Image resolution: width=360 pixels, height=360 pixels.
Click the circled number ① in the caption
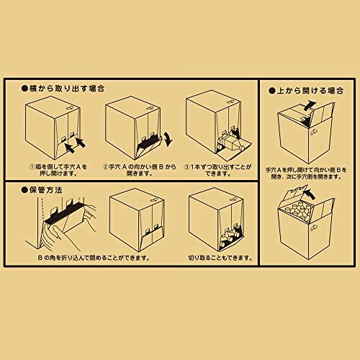coord(32,167)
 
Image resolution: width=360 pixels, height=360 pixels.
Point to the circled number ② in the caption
coord(106,167)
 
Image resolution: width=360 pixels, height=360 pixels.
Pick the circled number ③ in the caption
coord(187,167)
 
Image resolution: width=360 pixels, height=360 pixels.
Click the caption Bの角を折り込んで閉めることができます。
coord(94,258)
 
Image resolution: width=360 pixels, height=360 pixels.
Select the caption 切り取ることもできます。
coord(220,258)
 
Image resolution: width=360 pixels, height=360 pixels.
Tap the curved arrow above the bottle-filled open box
coord(310,193)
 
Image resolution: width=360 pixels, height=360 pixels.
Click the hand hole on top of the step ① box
coord(71,107)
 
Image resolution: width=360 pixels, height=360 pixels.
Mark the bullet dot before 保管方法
coord(24,190)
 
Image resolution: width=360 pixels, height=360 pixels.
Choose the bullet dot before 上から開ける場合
coord(272,91)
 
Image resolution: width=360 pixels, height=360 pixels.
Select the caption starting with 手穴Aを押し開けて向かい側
coord(306,174)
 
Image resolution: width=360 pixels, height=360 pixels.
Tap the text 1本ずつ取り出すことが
coord(221,167)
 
